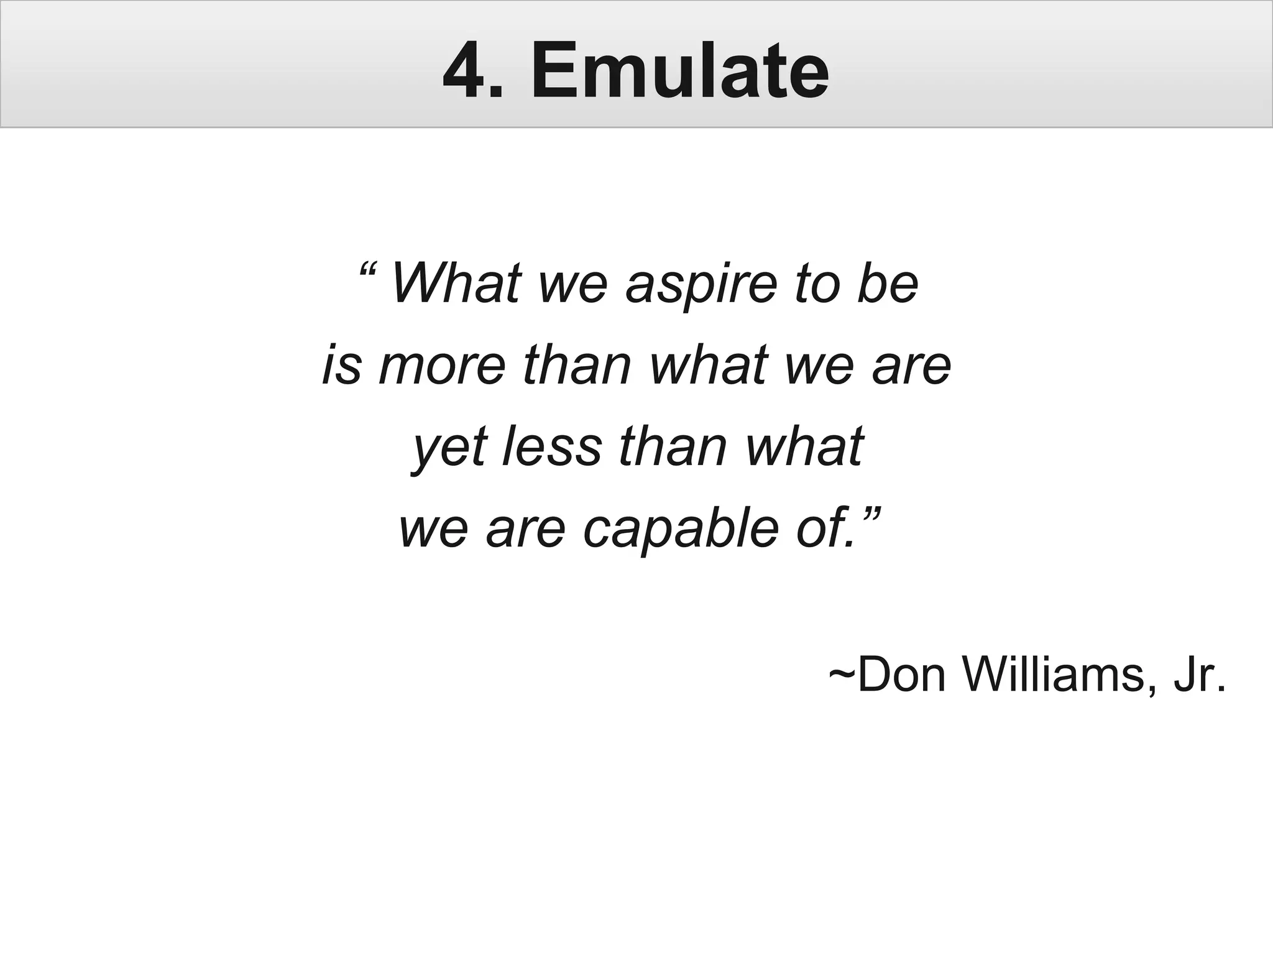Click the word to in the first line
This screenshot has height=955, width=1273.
(817, 285)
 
